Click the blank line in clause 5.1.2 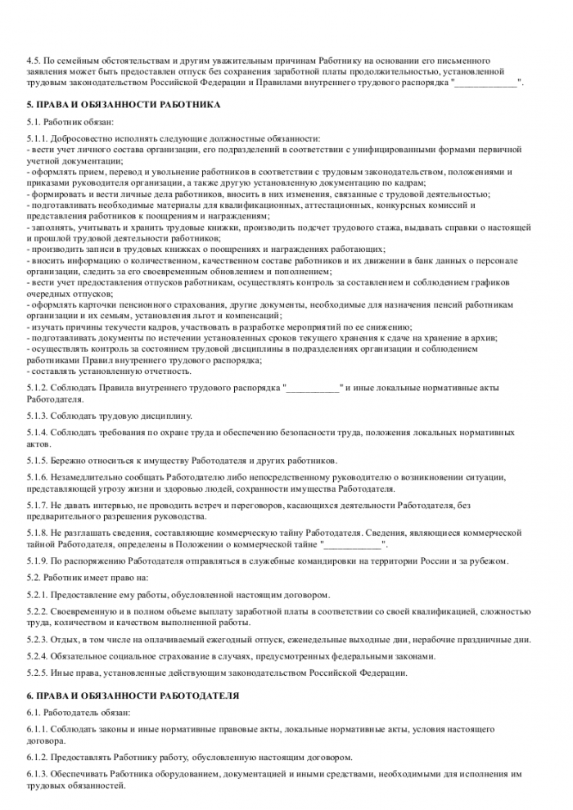pyautogui.click(x=312, y=387)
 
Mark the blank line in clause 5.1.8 pyautogui.click(x=353, y=544)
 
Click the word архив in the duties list pyautogui.click(x=481, y=337)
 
